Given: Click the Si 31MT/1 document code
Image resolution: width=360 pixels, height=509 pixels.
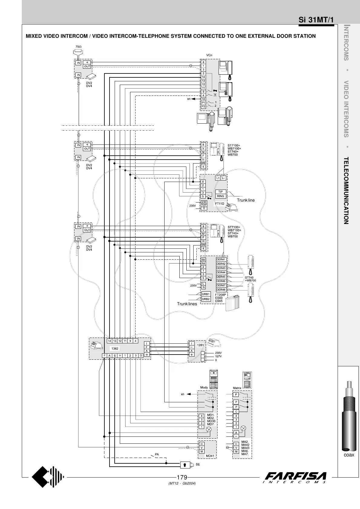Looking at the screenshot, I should (x=316, y=20).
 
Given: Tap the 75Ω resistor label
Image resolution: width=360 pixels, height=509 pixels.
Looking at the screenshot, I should (x=78, y=47).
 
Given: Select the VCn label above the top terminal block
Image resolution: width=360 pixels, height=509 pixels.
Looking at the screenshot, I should (x=209, y=55).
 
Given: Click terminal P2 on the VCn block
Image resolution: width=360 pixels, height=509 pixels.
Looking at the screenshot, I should (x=203, y=106).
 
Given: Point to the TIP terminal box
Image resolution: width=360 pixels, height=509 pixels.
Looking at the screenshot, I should (x=221, y=192).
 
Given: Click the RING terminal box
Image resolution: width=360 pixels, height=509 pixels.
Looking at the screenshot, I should (x=221, y=196).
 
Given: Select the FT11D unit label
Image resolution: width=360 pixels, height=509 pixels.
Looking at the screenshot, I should (x=220, y=204).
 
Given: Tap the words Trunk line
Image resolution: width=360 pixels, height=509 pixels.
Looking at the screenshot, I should (x=246, y=200).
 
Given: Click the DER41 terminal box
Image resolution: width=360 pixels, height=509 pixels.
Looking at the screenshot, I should (x=221, y=259).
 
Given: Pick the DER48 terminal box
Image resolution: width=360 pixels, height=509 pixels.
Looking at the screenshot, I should (x=221, y=290).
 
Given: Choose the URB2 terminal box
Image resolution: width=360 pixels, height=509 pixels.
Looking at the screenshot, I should (x=206, y=299).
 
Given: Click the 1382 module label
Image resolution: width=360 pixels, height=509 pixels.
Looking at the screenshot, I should (x=115, y=349).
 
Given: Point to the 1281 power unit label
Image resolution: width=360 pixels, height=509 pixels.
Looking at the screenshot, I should (x=201, y=345).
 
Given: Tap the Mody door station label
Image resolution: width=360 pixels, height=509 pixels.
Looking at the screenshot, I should (x=204, y=387).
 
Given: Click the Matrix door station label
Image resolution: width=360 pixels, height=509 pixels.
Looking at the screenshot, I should (x=237, y=388).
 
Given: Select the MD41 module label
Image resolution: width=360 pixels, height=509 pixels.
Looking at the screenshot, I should (x=210, y=456).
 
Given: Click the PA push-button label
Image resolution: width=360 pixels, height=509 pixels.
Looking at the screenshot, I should (x=157, y=454).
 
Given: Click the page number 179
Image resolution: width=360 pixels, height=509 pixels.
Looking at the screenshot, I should (x=182, y=478).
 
